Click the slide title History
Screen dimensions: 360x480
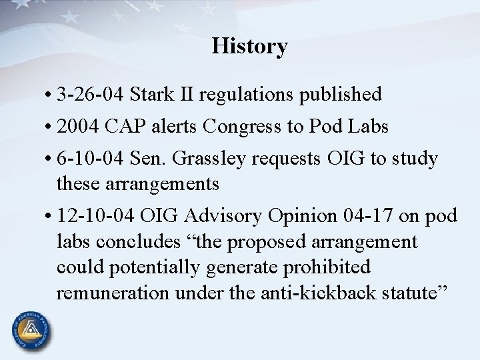(250, 46)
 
